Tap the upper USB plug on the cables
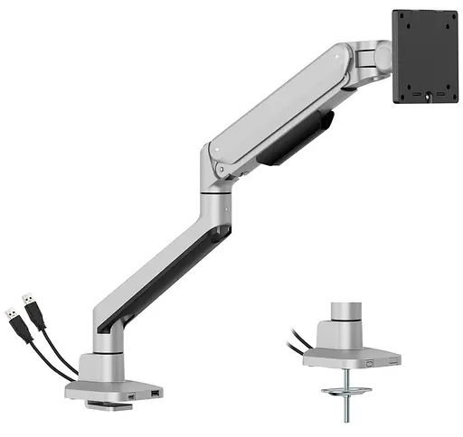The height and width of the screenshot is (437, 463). (x=30, y=303)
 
